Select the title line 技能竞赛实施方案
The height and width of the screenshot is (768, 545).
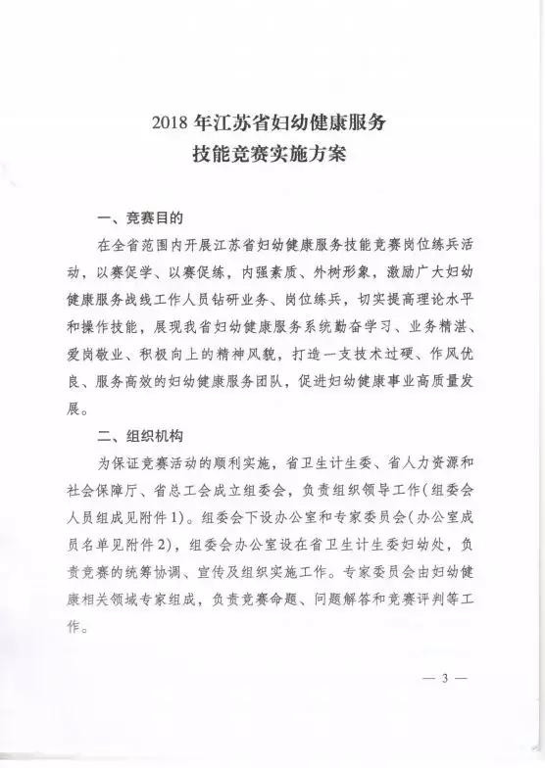coord(272,155)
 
